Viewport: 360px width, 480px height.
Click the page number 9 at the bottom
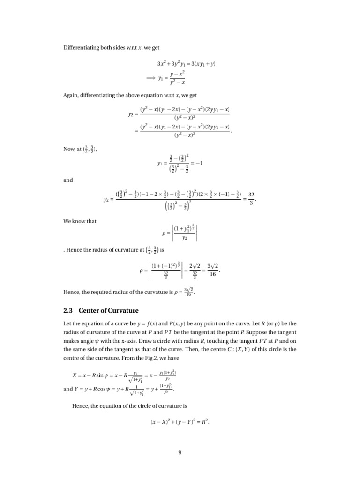point(180,452)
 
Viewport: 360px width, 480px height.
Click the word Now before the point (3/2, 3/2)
point(68,149)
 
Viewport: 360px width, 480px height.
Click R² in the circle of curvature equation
point(205,421)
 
